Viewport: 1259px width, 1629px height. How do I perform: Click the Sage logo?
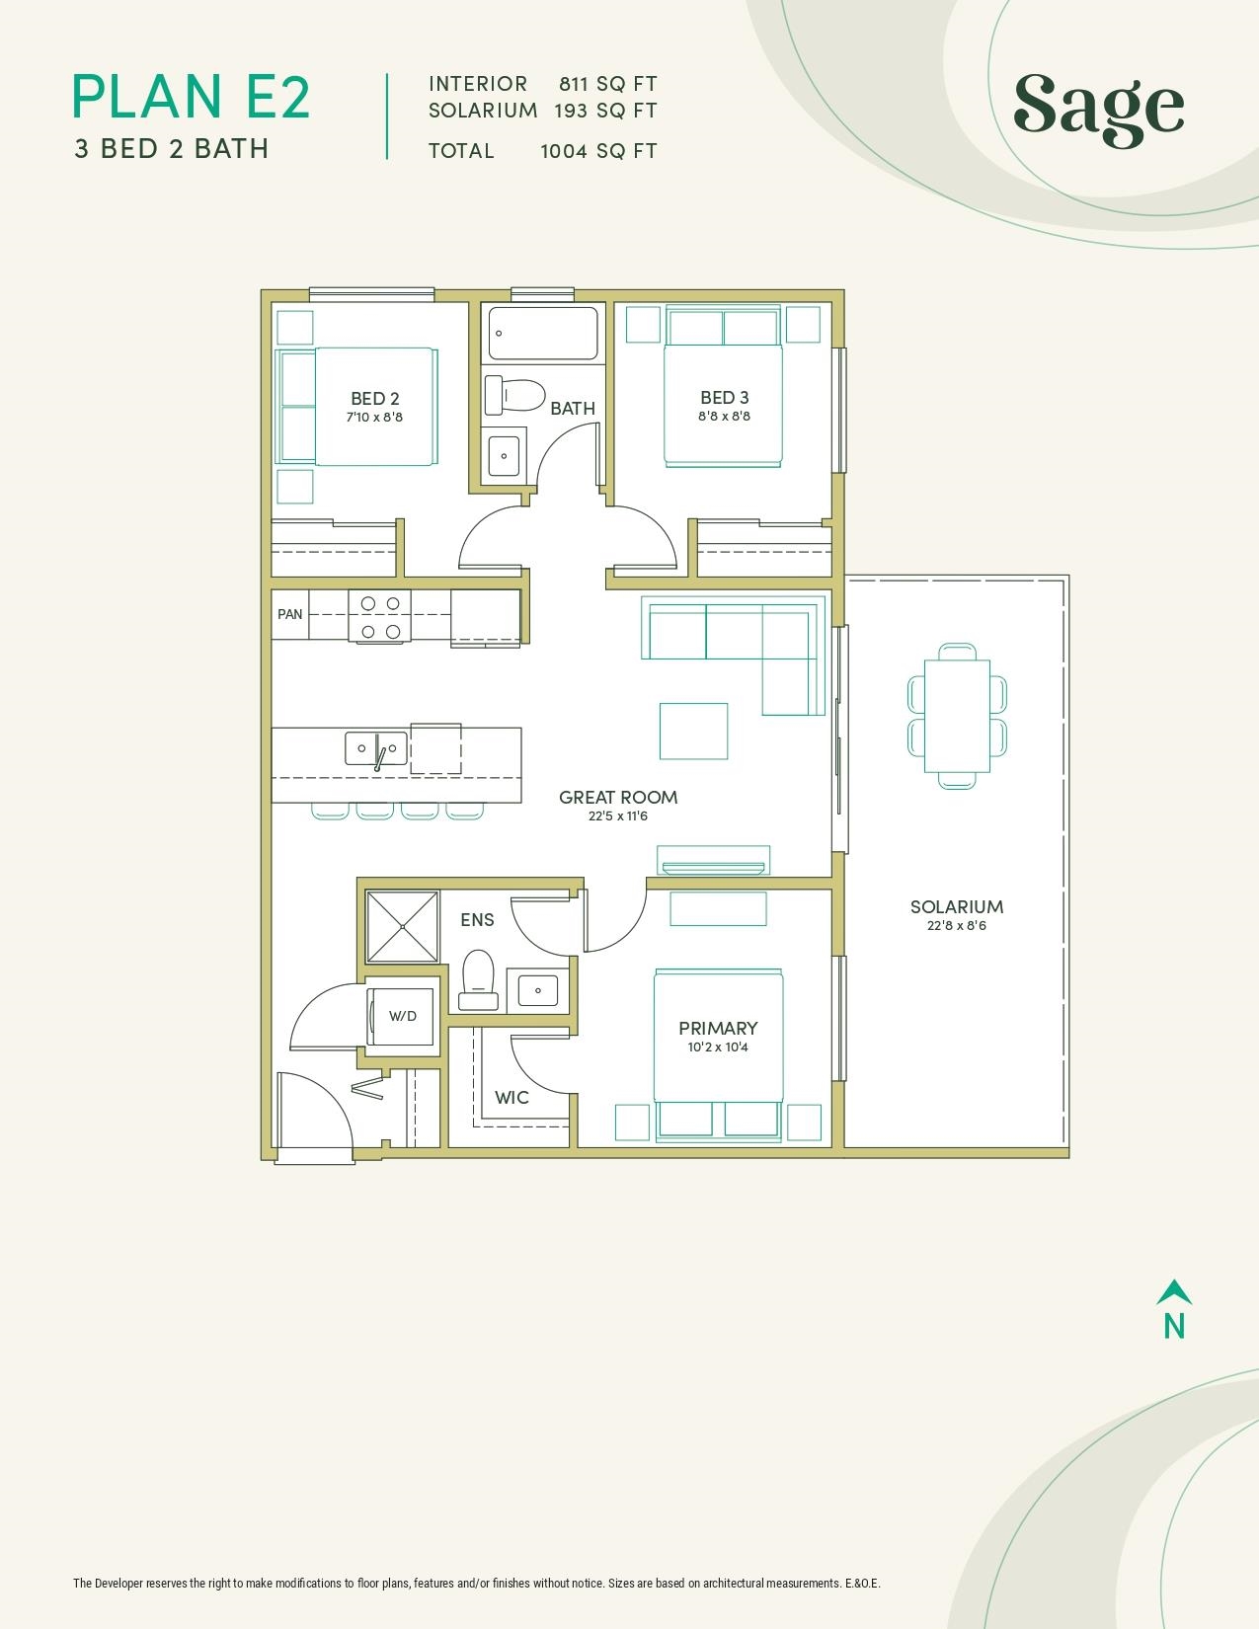(x=1098, y=110)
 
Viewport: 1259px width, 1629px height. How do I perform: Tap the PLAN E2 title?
(x=192, y=97)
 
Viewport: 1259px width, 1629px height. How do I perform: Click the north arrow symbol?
(x=1174, y=1291)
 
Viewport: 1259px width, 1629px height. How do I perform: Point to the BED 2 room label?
(x=375, y=399)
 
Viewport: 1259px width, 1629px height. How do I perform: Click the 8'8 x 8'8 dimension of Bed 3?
(x=725, y=416)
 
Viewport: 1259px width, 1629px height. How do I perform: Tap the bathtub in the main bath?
(x=543, y=334)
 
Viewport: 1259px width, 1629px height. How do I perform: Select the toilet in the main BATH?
(x=514, y=395)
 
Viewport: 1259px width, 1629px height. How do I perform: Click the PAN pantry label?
(x=290, y=614)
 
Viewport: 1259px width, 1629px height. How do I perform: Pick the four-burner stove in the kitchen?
(x=379, y=615)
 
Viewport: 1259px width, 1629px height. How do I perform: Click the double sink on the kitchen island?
(x=375, y=748)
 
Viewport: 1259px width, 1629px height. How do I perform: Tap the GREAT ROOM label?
(x=618, y=797)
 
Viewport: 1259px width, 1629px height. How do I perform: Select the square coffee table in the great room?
(x=693, y=731)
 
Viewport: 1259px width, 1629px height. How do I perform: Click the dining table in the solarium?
(x=957, y=716)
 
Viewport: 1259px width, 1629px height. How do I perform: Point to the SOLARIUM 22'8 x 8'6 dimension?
(x=957, y=926)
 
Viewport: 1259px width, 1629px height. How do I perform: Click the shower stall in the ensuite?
(x=402, y=927)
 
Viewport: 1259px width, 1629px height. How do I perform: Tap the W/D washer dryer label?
(x=403, y=1017)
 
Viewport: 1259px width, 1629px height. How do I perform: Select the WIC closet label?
(x=512, y=1098)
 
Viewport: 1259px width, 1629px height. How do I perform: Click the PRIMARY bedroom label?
(x=718, y=1028)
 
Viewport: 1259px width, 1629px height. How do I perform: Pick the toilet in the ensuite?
(x=478, y=980)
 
